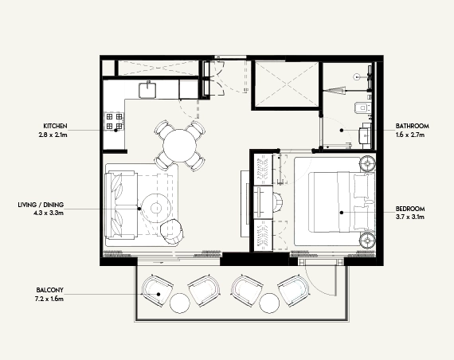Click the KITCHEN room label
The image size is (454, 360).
(x=56, y=126)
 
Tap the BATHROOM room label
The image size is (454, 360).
(x=413, y=126)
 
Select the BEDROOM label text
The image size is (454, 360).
(x=411, y=209)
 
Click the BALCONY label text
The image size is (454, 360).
(x=49, y=289)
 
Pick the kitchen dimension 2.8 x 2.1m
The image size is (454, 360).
(x=56, y=135)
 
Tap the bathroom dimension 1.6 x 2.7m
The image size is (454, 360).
(x=413, y=135)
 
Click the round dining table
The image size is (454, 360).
(x=179, y=145)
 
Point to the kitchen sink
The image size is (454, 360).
(x=147, y=88)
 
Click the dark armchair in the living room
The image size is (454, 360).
(x=172, y=231)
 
